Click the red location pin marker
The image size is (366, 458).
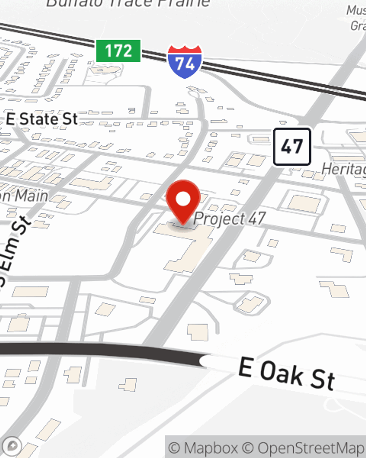[183, 200]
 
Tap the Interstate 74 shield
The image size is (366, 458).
[184, 62]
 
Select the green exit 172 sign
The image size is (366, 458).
[118, 51]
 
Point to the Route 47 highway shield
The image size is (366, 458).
[292, 147]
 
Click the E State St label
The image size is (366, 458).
[42, 119]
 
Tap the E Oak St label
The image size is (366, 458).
[287, 374]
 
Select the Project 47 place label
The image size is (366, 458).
[229, 219]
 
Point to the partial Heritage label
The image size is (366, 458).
[343, 170]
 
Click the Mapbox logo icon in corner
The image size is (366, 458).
[12, 446]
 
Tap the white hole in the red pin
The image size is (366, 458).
[183, 199]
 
